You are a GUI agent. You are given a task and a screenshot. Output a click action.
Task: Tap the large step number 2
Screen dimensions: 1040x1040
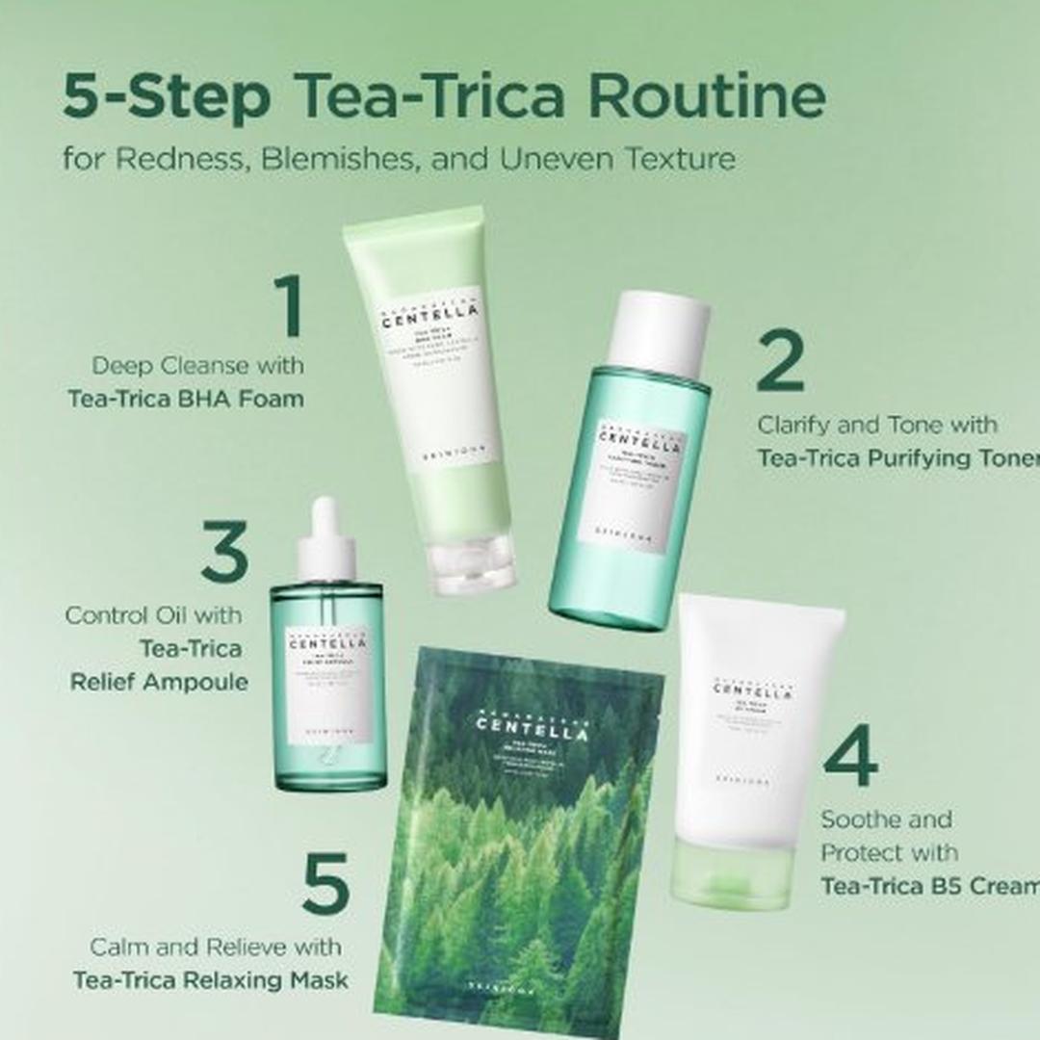point(780,360)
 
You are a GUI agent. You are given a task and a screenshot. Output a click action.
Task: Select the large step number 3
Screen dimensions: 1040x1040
point(225,551)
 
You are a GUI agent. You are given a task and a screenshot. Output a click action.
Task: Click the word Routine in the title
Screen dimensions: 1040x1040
point(707,96)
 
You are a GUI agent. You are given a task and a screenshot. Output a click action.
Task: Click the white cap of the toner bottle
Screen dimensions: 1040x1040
point(659,333)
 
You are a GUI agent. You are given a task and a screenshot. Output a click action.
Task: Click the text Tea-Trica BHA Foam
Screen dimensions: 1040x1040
point(186,398)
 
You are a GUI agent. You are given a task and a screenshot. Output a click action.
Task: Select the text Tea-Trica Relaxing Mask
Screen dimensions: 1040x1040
point(211,980)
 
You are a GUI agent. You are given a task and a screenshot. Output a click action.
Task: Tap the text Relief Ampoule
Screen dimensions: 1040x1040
point(159,682)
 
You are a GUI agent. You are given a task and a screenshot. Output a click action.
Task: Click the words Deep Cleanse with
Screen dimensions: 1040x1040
point(197,366)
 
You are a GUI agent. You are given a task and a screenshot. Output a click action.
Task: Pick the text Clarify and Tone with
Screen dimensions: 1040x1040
point(876,425)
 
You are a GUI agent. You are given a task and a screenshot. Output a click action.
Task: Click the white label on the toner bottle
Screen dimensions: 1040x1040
point(632,490)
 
